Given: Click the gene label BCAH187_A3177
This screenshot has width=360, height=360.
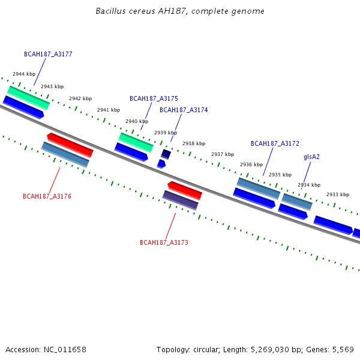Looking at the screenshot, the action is pos(48,54).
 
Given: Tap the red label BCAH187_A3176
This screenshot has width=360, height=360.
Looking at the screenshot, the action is pos(47,196).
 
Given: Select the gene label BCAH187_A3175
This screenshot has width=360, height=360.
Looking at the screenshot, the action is pos(154,98).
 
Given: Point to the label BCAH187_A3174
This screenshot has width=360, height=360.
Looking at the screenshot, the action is pos(184,110).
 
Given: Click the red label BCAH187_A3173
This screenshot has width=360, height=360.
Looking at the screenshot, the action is pos(164,242).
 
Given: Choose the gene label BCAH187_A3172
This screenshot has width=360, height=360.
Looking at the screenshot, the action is pos(275,143).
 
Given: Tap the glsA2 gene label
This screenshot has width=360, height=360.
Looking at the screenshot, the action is pos(311,157).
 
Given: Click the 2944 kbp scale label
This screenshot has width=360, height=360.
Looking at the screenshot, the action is pos(24,74).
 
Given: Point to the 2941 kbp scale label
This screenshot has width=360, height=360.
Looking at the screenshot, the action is pos(109,110).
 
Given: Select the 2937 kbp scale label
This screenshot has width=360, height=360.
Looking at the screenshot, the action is pos(223,154).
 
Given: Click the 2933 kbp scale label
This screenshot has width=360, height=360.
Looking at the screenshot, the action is pos(338,194).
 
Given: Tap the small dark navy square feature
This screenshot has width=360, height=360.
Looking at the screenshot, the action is pos(166,154).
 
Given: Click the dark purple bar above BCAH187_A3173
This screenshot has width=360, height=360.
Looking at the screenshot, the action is pos(181,200).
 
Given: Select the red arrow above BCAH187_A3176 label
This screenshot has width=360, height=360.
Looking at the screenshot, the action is pos(70,145).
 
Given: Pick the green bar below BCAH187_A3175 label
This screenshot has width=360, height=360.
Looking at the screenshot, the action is pos(136,142).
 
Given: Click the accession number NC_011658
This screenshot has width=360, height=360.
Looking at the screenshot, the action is pos(65,350).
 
